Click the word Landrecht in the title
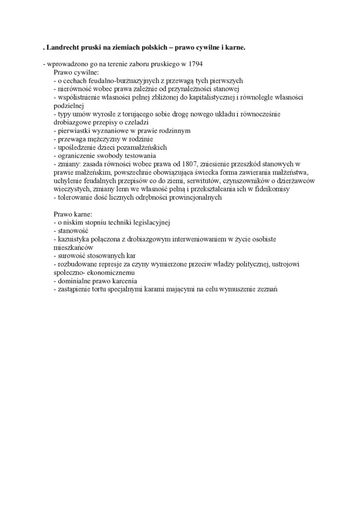(x=65, y=48)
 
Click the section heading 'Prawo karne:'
(x=72, y=214)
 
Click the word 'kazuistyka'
(x=74, y=239)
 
